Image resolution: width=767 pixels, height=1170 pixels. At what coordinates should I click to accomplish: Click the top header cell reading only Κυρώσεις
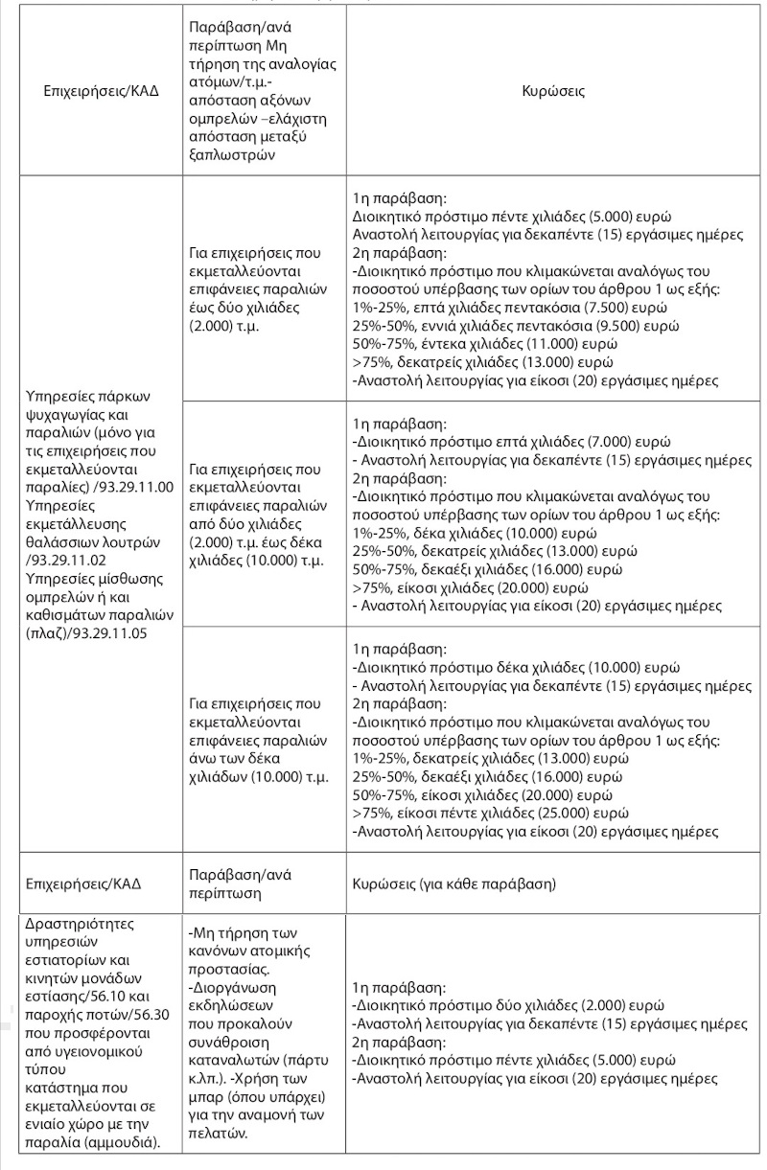click(x=553, y=93)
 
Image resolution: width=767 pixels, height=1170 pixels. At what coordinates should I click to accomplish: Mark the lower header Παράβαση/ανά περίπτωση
click(x=240, y=883)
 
